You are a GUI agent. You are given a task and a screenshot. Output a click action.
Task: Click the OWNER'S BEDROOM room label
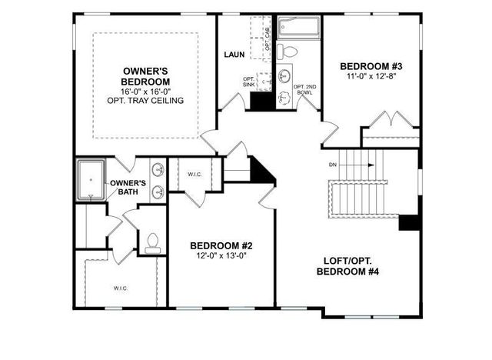[146, 76]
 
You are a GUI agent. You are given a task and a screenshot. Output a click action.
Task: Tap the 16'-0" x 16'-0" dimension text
[146, 90]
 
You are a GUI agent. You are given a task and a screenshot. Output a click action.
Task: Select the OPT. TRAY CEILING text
[146, 100]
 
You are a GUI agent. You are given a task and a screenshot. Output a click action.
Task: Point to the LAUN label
[234, 55]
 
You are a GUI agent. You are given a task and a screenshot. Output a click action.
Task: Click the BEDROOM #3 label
[371, 66]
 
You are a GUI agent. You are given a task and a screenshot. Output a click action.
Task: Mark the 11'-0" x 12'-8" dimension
[371, 77]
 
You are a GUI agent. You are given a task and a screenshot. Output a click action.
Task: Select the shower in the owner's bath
[91, 180]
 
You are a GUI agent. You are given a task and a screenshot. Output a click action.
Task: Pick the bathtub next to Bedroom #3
[299, 28]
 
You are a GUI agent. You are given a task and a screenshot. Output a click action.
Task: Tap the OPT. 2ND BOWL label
[305, 88]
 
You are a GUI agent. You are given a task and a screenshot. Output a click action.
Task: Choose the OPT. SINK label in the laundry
[248, 82]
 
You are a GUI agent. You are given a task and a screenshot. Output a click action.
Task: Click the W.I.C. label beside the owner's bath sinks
[194, 174]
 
